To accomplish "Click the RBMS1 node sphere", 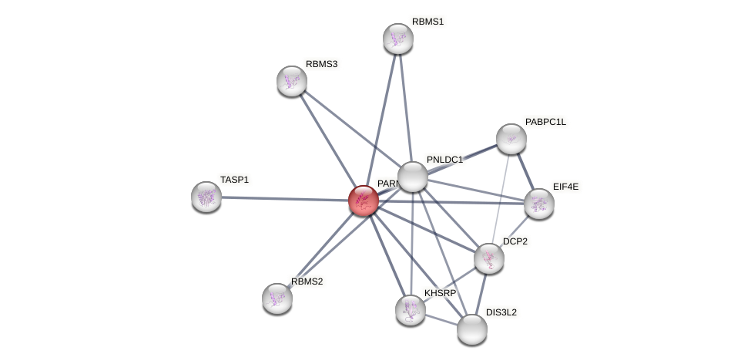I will tap(397, 39).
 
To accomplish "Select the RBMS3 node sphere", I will tap(292, 81).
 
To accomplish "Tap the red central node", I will tap(363, 201).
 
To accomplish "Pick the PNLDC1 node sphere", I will tap(413, 177).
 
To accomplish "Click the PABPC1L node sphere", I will tap(511, 139).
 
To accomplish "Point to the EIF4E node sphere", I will tap(538, 204).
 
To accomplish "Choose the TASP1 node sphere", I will tap(206, 197).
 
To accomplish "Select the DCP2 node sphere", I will tap(488, 258).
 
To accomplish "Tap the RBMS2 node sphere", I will tap(277, 298).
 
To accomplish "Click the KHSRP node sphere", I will tap(411, 309).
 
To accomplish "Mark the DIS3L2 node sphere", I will tap(471, 329).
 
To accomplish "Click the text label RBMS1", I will tap(427, 22).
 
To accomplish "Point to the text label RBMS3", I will tap(321, 64).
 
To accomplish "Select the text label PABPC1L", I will tap(545, 122).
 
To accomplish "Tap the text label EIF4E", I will tap(565, 187).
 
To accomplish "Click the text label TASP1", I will tap(234, 180).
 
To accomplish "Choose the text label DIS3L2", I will tap(501, 312).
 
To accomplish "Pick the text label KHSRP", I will tap(440, 293).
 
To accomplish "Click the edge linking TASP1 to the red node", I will tap(285, 198).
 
